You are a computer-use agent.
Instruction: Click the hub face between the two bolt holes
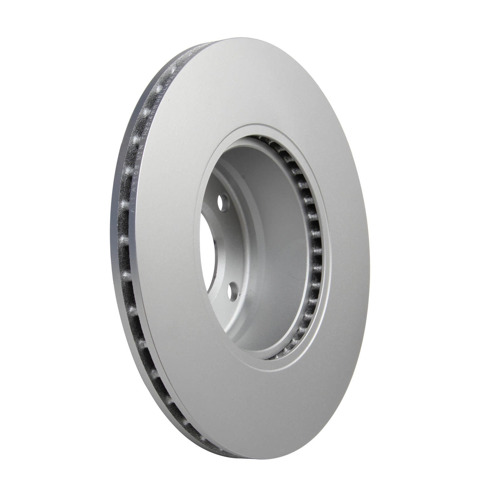pos(223,248)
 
